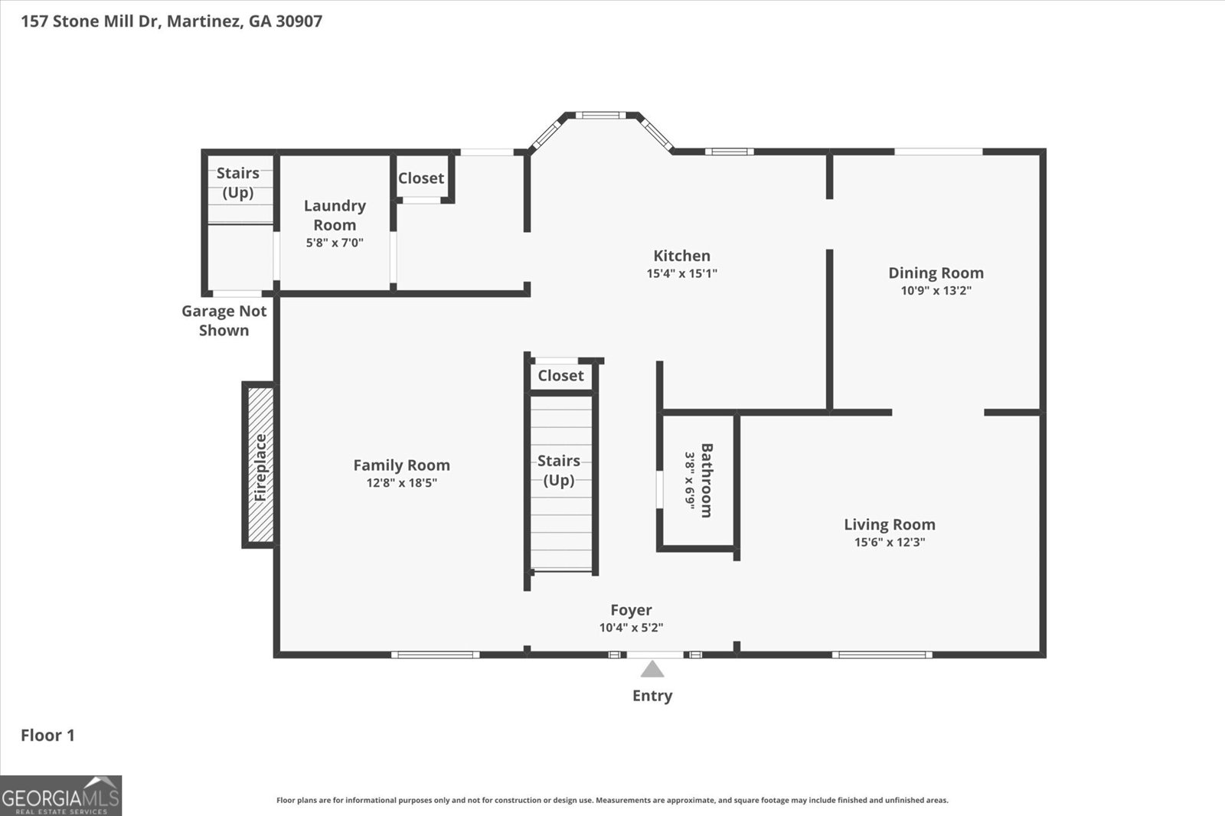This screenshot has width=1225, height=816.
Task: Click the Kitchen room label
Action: pos(681,256)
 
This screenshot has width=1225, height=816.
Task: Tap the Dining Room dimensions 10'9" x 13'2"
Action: pos(936,291)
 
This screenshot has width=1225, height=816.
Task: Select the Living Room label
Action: pos(889,524)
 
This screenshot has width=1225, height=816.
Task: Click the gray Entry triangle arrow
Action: pos(652,670)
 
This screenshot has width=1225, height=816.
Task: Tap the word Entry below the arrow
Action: pos(652,696)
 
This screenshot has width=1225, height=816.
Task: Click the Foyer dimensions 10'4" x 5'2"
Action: pos(631,628)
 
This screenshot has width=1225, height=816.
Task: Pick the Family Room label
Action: pos(401,465)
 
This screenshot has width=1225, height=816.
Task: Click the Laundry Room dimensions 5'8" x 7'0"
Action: pos(335,243)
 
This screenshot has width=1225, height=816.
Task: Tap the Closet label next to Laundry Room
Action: pos(420,178)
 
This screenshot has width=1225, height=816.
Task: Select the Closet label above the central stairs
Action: pos(560,376)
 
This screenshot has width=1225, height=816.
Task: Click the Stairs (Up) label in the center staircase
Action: pos(558,470)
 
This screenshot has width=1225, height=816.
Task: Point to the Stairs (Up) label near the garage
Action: pos(237,182)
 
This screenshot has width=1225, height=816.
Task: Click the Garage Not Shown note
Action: pos(224,321)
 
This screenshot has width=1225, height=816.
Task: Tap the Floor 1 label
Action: pos(47,736)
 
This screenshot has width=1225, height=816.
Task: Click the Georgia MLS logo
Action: pos(60,795)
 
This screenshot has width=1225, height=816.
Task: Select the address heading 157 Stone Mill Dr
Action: pos(171,21)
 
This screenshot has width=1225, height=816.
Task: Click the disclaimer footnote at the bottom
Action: pos(612,800)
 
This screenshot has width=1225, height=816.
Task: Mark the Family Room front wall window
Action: pos(435,654)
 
